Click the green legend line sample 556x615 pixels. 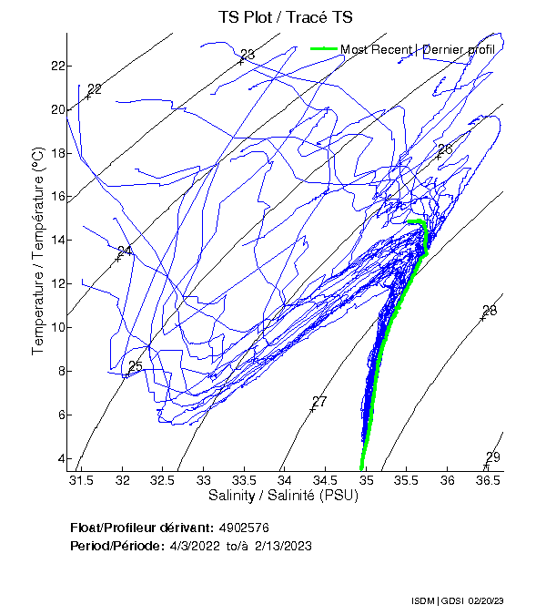pyautogui.click(x=325, y=49)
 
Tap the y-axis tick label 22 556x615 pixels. pyautogui.click(x=56, y=66)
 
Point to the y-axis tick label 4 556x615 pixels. pyautogui.click(x=59, y=458)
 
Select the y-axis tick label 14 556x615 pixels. pyautogui.click(x=56, y=240)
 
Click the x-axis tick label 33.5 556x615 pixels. pyautogui.click(x=244, y=480)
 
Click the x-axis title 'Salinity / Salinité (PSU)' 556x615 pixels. pyautogui.click(x=284, y=496)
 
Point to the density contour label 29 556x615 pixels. pyautogui.click(x=492, y=457)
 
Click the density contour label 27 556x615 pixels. pyautogui.click(x=319, y=402)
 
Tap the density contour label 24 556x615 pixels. pyautogui.click(x=125, y=251)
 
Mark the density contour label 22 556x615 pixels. pyautogui.click(x=95, y=88)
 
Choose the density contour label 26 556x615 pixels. pyautogui.click(x=445, y=149)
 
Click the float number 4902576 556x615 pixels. pyautogui.click(x=244, y=528)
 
